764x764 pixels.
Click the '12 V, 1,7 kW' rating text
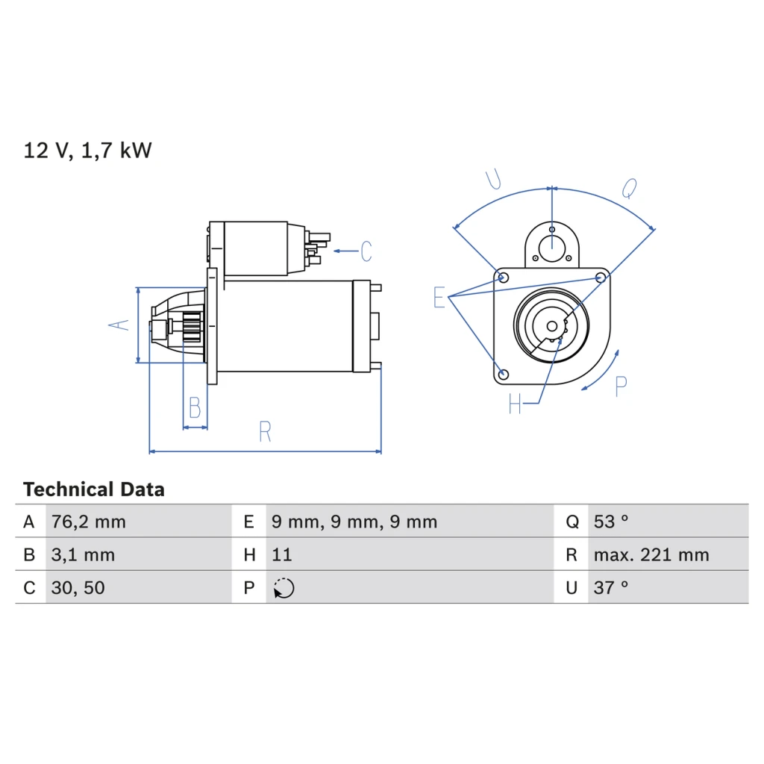(x=88, y=151)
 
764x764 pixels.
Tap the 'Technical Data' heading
(x=94, y=489)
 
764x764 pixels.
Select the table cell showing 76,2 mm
(x=89, y=522)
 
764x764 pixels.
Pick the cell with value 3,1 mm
(x=83, y=555)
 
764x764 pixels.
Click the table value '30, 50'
(x=78, y=588)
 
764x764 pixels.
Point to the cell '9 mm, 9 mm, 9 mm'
(x=354, y=522)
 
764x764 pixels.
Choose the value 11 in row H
(x=281, y=554)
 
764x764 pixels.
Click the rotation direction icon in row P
(x=284, y=588)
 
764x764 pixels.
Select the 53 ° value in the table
(x=610, y=522)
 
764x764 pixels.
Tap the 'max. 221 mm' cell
(x=651, y=555)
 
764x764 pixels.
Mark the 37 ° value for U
(x=610, y=588)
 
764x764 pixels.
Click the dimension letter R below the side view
(x=265, y=431)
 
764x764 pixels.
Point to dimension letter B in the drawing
(x=195, y=407)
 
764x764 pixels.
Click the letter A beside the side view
(x=119, y=325)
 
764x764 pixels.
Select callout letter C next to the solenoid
(x=366, y=251)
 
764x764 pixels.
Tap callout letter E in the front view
(x=439, y=297)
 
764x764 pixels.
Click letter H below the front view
(x=515, y=404)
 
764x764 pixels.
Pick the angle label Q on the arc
(x=630, y=189)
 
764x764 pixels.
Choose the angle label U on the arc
(x=494, y=179)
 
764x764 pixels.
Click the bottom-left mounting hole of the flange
(x=504, y=375)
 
